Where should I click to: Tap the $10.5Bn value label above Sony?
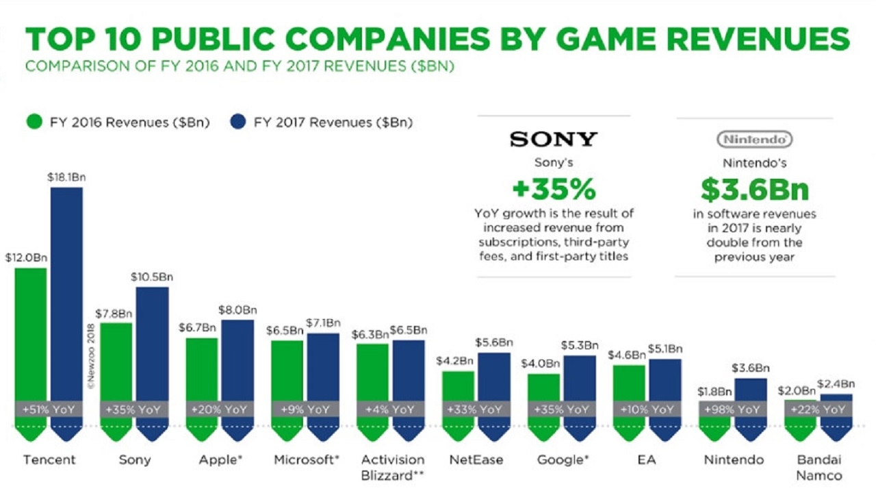[x=152, y=277]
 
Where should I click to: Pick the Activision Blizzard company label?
[x=392, y=467]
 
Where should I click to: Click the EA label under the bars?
[x=647, y=459]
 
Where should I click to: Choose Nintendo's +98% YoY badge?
[x=732, y=409]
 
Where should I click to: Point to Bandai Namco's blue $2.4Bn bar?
[x=836, y=397]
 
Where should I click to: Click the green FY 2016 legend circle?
[x=34, y=123]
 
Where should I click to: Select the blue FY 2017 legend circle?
[x=238, y=123]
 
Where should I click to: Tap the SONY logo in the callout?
[x=554, y=140]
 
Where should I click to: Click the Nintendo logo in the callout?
[x=754, y=140]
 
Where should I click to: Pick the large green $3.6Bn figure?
[x=754, y=189]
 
